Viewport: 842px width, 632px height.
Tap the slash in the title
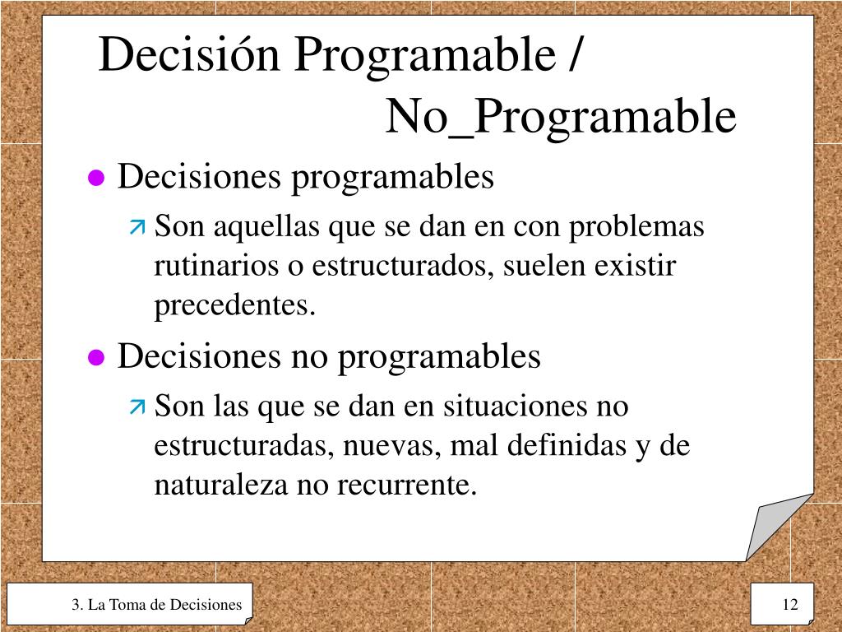tap(573, 56)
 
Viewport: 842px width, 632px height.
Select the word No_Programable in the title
tap(561, 116)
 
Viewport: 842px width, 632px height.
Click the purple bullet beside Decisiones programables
tap(97, 179)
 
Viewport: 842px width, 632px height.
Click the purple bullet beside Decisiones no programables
tap(97, 358)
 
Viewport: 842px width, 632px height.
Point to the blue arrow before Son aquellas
tap(136, 226)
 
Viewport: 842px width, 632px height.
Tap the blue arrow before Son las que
tap(136, 407)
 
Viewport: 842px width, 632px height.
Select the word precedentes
tap(235, 305)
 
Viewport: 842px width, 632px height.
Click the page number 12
tap(790, 606)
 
